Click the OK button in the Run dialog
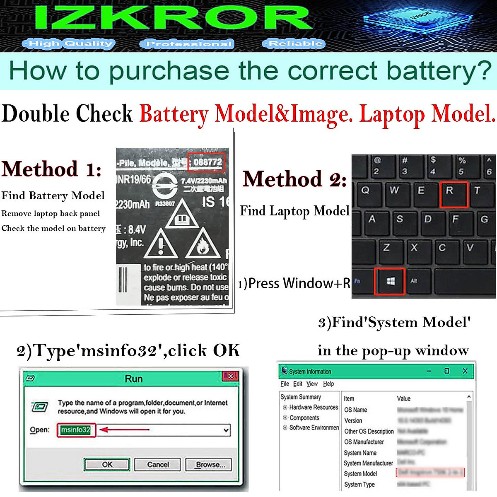[107, 464]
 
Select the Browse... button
[208, 464]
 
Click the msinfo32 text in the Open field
[76, 430]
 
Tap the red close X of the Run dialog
[231, 376]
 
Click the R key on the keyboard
[454, 194]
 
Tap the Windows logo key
[390, 281]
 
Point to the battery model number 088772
[207, 162]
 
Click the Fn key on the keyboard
[358, 281]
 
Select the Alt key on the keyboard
[414, 281]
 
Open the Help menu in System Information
[328, 384]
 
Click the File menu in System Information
[285, 384]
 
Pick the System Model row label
[360, 473]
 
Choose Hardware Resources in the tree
[314, 407]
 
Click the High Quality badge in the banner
[68, 43]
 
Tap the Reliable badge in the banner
[294, 43]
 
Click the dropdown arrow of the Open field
[226, 430]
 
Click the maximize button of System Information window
[446, 371]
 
